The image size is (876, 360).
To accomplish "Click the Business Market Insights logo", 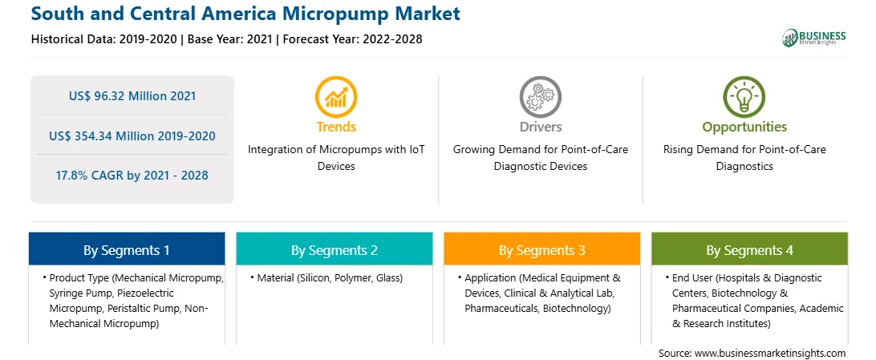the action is tap(813, 38).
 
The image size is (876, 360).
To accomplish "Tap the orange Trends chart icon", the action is tap(336, 97).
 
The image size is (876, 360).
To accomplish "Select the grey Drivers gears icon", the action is tap(540, 97).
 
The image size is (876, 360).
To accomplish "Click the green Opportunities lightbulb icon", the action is tap(744, 97).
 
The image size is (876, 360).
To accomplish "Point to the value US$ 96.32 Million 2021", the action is tap(132, 96).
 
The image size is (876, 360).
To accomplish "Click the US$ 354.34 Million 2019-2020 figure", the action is tap(132, 136).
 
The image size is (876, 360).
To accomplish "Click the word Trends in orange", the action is tap(336, 127).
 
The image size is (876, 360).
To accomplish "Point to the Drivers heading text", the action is tap(540, 127).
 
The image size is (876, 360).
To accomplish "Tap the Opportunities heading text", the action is tap(744, 127).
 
